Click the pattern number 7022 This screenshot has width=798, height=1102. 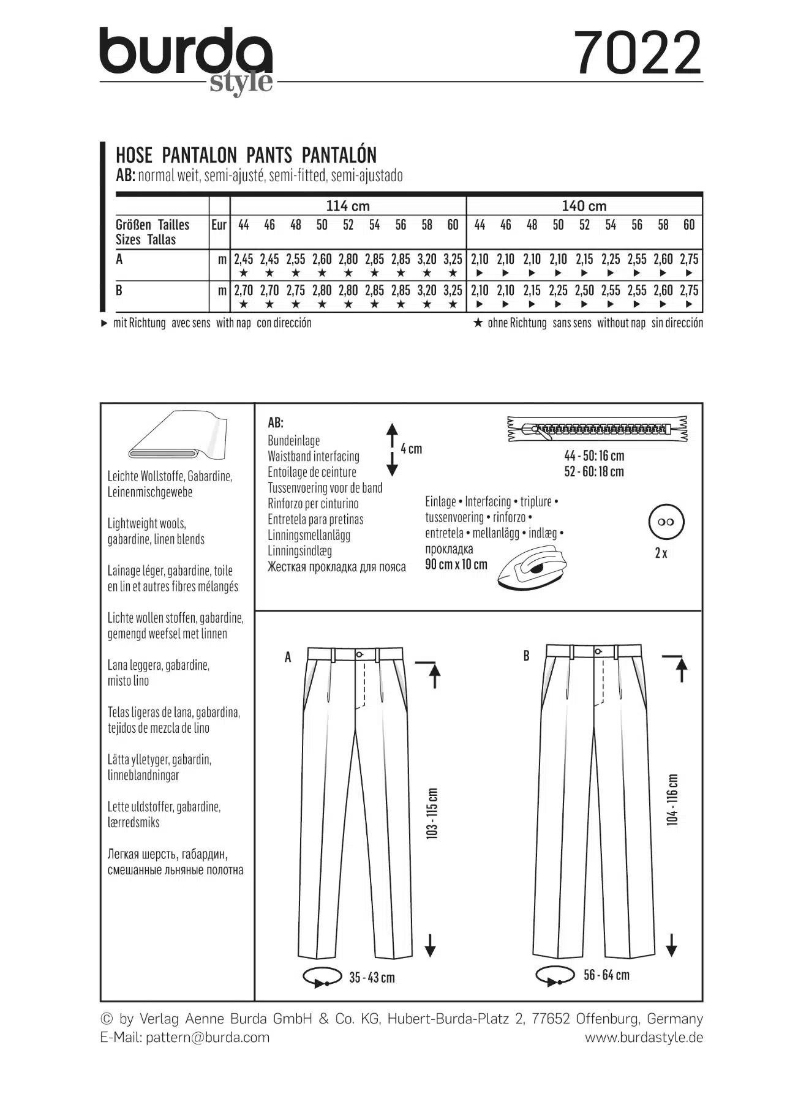point(638,53)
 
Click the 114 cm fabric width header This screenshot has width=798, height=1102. point(348,206)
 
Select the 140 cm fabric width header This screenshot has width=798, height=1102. point(584,206)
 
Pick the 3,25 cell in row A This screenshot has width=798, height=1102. point(453,259)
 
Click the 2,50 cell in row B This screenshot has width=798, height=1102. point(584,290)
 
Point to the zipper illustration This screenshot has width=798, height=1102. point(597,429)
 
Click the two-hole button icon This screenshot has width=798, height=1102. point(666,522)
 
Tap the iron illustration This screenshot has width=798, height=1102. point(530,568)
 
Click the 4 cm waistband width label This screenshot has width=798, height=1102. point(412,449)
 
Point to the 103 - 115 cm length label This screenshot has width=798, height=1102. point(432,812)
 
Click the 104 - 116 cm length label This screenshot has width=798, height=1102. point(672,800)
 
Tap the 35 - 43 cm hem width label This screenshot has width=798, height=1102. point(372,977)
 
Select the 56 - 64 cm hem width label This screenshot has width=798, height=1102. point(606,975)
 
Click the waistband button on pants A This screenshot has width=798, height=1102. point(361,654)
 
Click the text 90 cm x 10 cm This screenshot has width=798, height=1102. point(456,564)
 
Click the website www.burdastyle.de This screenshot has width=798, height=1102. point(644,1037)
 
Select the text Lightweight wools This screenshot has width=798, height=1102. point(147,523)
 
